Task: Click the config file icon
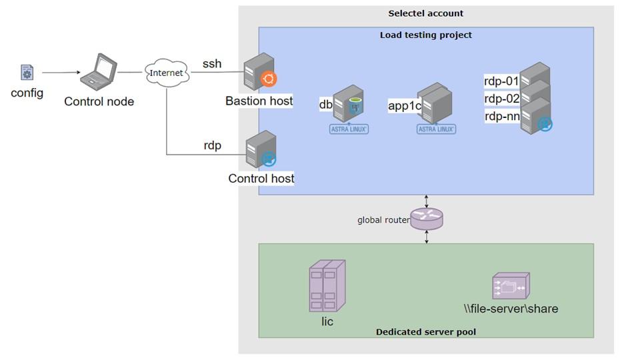point(27,72)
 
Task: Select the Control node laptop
point(99,71)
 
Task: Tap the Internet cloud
point(167,73)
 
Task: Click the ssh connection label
point(212,64)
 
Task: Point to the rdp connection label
point(212,145)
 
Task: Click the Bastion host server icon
point(260,72)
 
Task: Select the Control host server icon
point(261,149)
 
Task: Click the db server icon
point(348,103)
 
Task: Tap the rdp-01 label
point(501,81)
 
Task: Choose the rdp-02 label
point(501,99)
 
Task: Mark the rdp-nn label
point(502,116)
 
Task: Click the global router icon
point(427,219)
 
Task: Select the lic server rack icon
point(327,286)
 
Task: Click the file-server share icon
point(511,286)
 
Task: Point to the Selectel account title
point(426,13)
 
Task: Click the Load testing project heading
point(426,35)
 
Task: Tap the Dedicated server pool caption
point(426,332)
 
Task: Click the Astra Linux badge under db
point(349,129)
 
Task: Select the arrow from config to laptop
point(61,73)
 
